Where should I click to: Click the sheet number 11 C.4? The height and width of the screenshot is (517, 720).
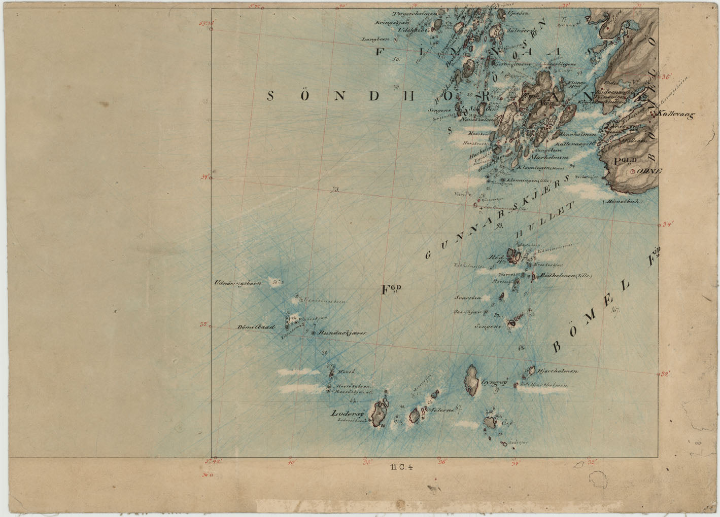pos(402,468)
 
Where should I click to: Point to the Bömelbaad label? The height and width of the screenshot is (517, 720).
pos(256,327)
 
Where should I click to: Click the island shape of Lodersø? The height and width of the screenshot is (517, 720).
pos(379,414)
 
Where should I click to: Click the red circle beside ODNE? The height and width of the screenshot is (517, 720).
pos(632,172)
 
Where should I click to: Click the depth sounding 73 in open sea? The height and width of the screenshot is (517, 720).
pos(334,191)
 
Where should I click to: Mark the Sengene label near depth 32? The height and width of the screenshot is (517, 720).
pos(488,327)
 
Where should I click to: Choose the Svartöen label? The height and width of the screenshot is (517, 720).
pos(467,298)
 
